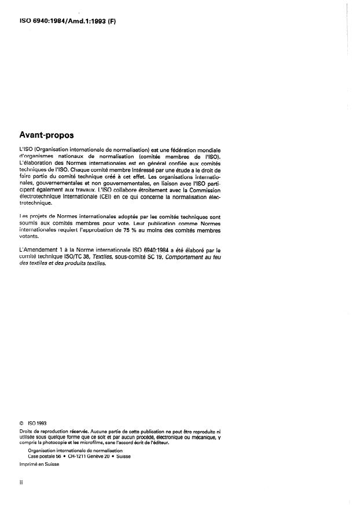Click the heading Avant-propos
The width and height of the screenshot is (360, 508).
(x=46, y=135)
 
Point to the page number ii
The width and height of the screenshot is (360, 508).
(x=21, y=481)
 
